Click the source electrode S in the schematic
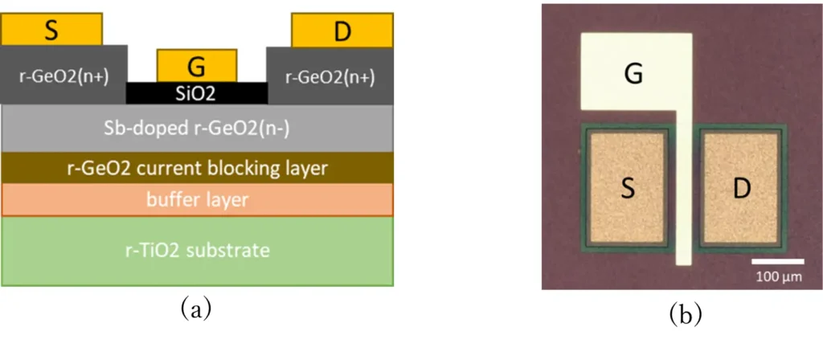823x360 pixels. coord(52,30)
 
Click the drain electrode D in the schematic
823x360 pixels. coord(342,31)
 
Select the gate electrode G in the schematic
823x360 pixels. coord(197,64)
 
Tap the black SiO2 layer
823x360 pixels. coord(197,92)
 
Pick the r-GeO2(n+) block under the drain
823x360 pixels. coord(330,76)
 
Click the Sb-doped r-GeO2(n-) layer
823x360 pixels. coord(197,129)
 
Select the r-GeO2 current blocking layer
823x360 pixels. coord(197,168)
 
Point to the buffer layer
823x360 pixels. coord(197,199)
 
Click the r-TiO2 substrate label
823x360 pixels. coord(197,250)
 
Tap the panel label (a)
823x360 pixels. coord(197,309)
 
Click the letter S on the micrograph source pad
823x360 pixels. coord(626,188)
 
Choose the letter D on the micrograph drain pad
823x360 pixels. coord(739,188)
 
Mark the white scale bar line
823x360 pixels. coord(777,261)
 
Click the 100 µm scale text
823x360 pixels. coord(777,276)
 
